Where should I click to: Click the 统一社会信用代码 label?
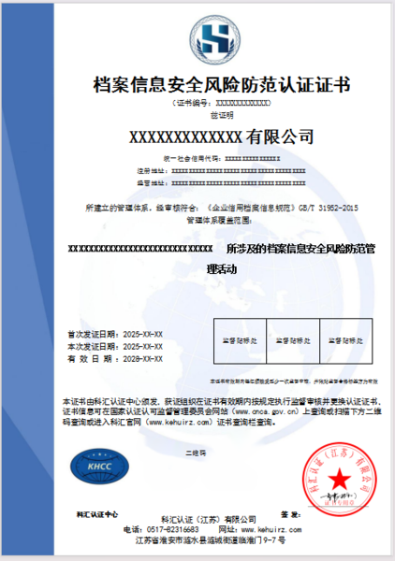171,160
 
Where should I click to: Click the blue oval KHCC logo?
95,463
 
